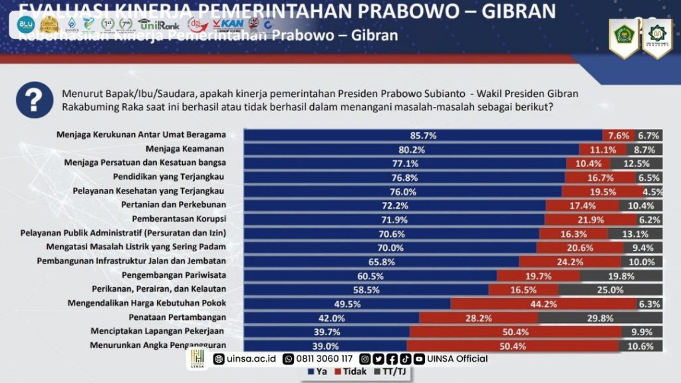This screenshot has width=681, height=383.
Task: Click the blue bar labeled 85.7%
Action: pos(423,135)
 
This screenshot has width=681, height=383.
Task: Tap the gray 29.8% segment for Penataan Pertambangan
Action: pos(601,318)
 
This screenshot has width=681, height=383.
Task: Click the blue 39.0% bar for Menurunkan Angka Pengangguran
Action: pos(325,346)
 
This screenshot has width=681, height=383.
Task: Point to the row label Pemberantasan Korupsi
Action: pos(180,219)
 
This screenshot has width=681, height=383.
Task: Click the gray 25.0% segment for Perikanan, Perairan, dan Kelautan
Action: pos(611,290)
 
